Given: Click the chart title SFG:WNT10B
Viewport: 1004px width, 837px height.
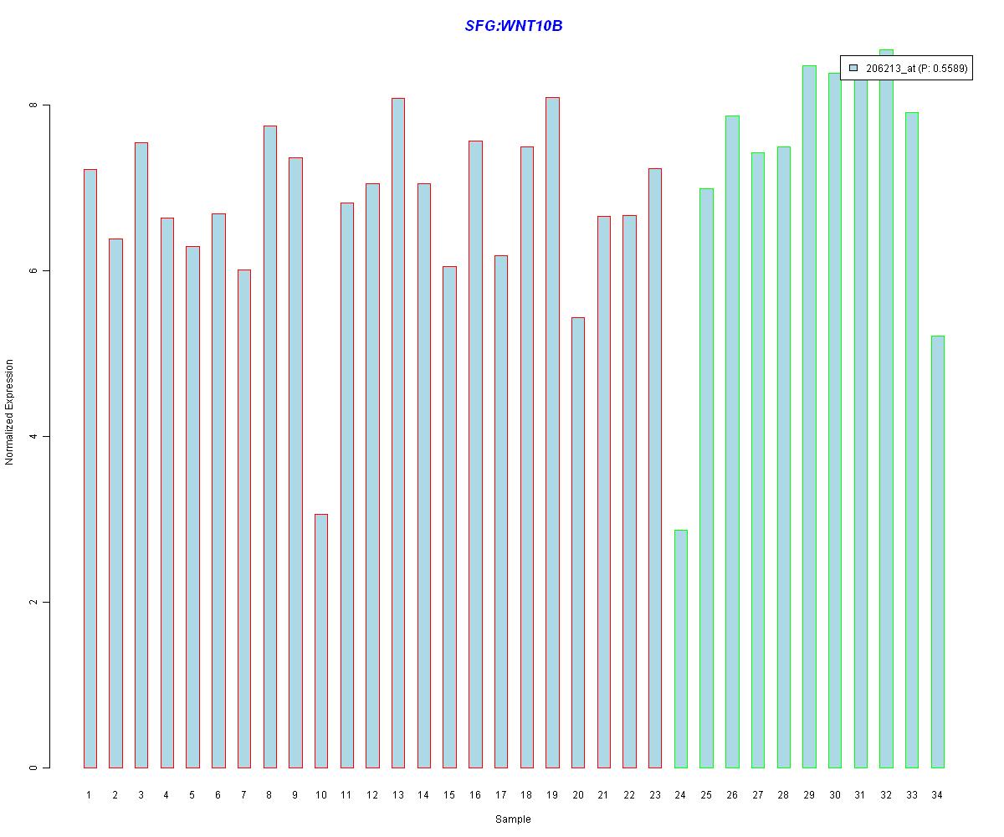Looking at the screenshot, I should (513, 26).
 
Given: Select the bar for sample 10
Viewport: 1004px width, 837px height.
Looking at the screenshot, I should (320, 640).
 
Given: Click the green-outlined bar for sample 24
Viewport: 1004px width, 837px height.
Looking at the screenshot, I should (680, 649).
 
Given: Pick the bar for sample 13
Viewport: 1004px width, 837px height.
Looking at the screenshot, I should (397, 433).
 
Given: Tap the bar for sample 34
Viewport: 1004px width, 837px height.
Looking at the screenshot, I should (937, 552).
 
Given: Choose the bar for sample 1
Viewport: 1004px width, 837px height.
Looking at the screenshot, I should (90, 469).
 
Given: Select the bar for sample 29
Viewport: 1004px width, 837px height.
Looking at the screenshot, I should (809, 417).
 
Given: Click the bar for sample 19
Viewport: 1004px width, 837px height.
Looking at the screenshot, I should (552, 433).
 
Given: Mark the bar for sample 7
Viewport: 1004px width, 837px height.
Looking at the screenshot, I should (243, 519).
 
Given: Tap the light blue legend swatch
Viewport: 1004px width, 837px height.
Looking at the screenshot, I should (853, 68).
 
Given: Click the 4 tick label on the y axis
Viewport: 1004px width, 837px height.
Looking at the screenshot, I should (33, 437).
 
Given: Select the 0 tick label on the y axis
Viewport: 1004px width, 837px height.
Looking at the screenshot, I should (33, 768).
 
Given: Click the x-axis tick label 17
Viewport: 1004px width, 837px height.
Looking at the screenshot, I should (500, 795).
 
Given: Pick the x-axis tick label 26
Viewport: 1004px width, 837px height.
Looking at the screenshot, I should (732, 795).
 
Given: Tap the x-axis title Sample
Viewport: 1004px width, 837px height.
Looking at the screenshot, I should (513, 819).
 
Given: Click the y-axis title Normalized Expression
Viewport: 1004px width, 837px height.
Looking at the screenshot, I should (10, 412).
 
